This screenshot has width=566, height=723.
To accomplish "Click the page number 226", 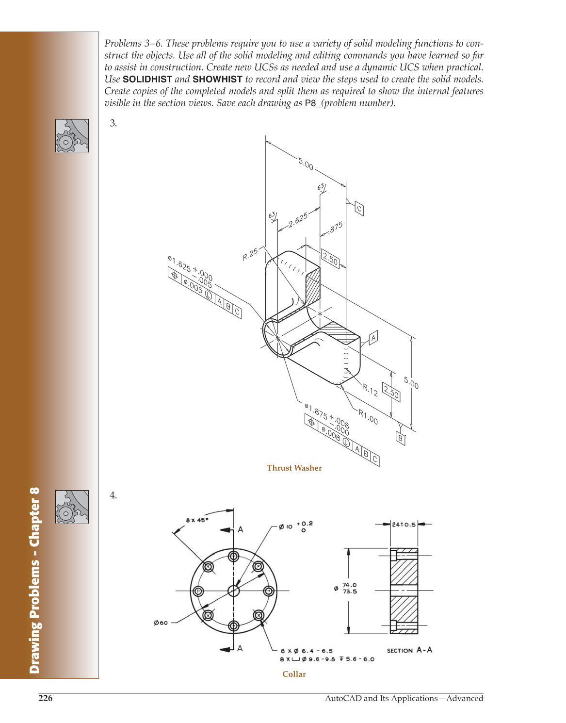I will tap(46, 698).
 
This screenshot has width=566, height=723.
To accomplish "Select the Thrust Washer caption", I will tap(294, 468).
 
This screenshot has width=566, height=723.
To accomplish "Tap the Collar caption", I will tap(294, 674).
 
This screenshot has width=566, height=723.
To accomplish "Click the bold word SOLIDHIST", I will tap(147, 79).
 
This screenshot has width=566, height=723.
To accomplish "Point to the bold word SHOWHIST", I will tap(217, 79).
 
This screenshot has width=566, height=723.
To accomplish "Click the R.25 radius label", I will tap(251, 254).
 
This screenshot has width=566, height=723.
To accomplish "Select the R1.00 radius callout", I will tap(368, 416).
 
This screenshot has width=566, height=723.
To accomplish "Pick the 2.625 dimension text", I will tap(298, 220).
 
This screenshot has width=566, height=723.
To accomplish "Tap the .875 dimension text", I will tap(336, 227).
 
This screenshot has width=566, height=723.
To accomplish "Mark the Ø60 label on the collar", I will tap(161, 623).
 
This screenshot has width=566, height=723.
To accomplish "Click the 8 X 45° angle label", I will tap(197, 520).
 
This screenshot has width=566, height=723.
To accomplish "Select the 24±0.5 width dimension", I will tap(404, 525).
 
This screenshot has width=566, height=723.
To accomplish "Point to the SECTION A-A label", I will tap(409, 650).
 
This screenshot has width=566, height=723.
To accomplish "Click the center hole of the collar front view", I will tap(233, 591).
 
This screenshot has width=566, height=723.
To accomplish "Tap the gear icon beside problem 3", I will tap(72, 136).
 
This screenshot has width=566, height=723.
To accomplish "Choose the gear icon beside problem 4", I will tap(72, 507).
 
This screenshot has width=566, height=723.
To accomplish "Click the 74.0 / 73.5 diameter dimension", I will tap(349, 588).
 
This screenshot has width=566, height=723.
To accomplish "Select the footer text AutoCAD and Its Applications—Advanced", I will tap(404, 698).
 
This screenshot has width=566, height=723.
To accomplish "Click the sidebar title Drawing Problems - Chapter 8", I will tap(34, 580).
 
